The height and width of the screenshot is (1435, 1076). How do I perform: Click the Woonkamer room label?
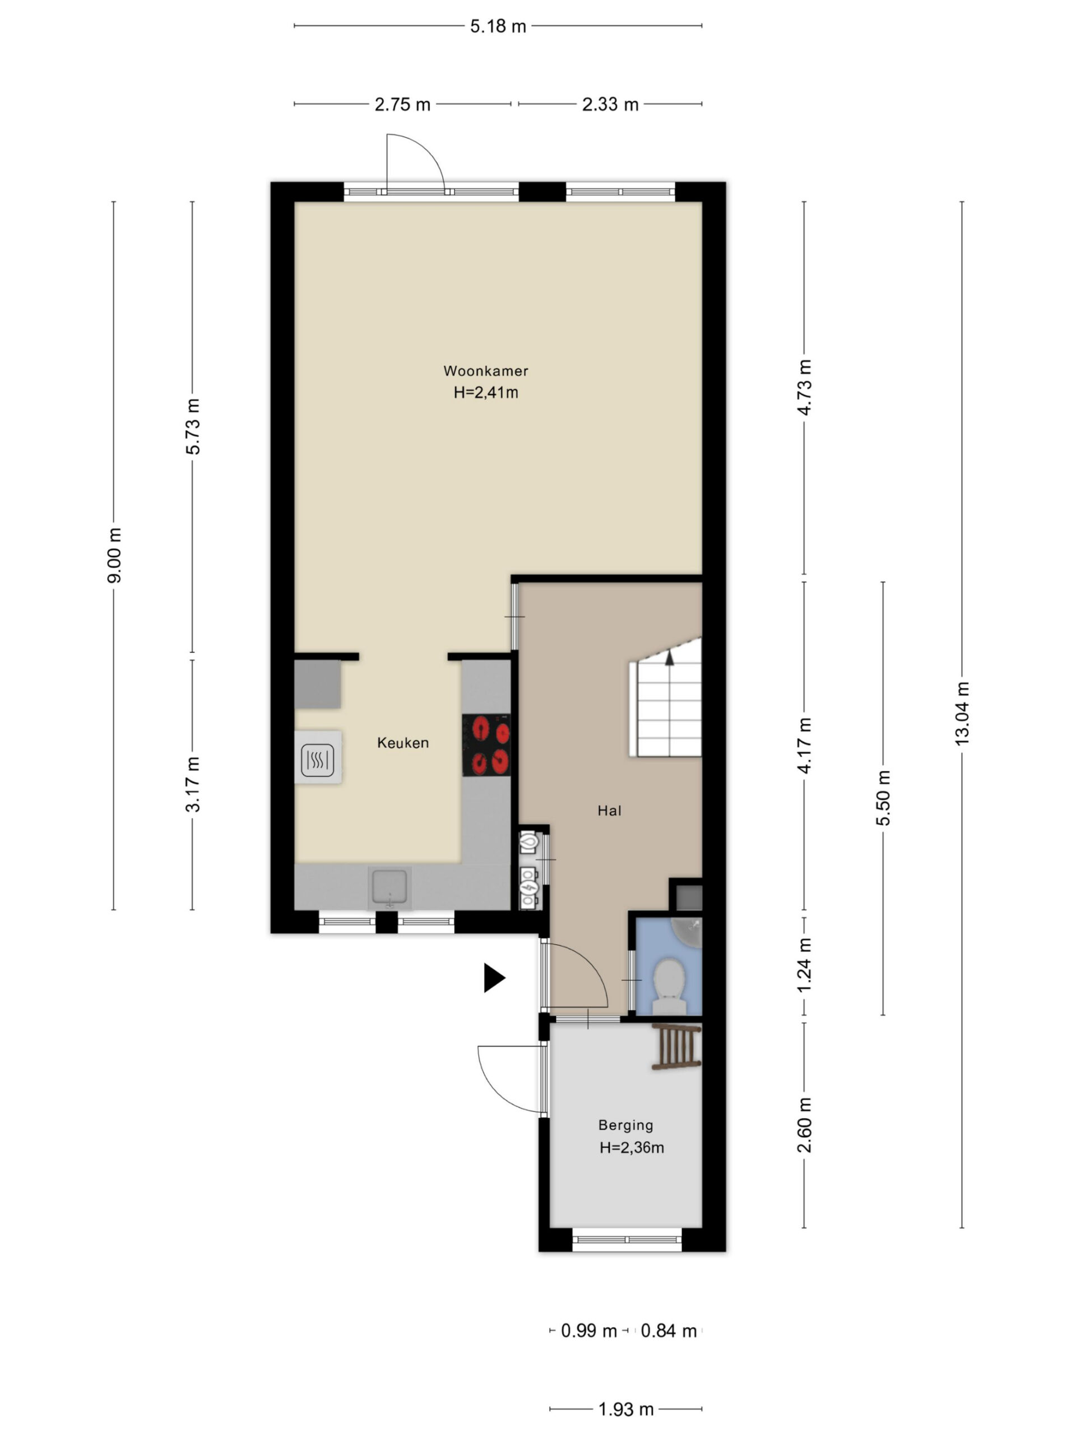point(486,371)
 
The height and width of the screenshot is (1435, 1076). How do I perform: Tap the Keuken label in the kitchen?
point(403,743)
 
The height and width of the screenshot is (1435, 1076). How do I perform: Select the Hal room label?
point(610,810)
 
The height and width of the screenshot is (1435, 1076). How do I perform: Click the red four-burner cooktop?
point(486,745)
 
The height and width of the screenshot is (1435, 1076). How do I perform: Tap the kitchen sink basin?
point(389,887)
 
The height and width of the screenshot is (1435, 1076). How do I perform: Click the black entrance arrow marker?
point(494,978)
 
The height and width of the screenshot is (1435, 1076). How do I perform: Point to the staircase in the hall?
point(666,697)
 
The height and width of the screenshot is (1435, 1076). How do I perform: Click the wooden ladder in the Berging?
point(677,1046)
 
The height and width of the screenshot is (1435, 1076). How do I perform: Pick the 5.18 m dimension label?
point(498,26)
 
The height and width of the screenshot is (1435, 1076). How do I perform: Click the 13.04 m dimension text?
point(962,713)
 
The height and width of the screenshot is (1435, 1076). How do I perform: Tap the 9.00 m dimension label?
point(114,556)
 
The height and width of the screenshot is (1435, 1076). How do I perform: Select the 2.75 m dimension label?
point(402,104)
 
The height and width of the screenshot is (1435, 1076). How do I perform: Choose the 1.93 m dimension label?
point(626,1409)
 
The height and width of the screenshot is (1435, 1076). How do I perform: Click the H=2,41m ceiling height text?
point(486,392)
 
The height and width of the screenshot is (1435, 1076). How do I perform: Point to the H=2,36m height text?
point(632,1147)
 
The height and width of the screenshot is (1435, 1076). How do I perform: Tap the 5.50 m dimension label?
point(883,797)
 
